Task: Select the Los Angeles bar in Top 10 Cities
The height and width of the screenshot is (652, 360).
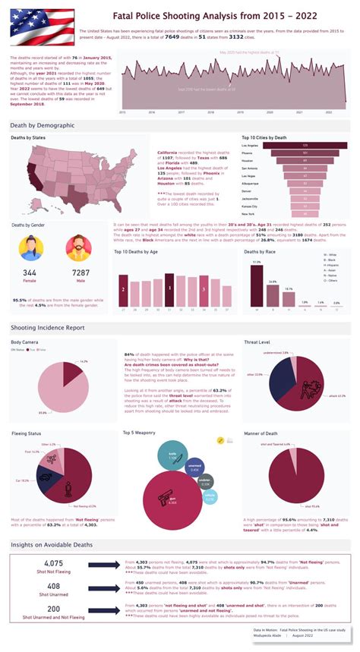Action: click(x=305, y=145)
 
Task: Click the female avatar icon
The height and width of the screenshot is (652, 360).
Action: click(x=30, y=248)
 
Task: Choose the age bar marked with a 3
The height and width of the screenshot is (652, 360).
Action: click(x=204, y=291)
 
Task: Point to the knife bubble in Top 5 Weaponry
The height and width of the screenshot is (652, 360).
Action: click(x=172, y=455)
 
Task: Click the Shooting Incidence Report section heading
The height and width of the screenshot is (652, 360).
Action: click(x=47, y=327)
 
